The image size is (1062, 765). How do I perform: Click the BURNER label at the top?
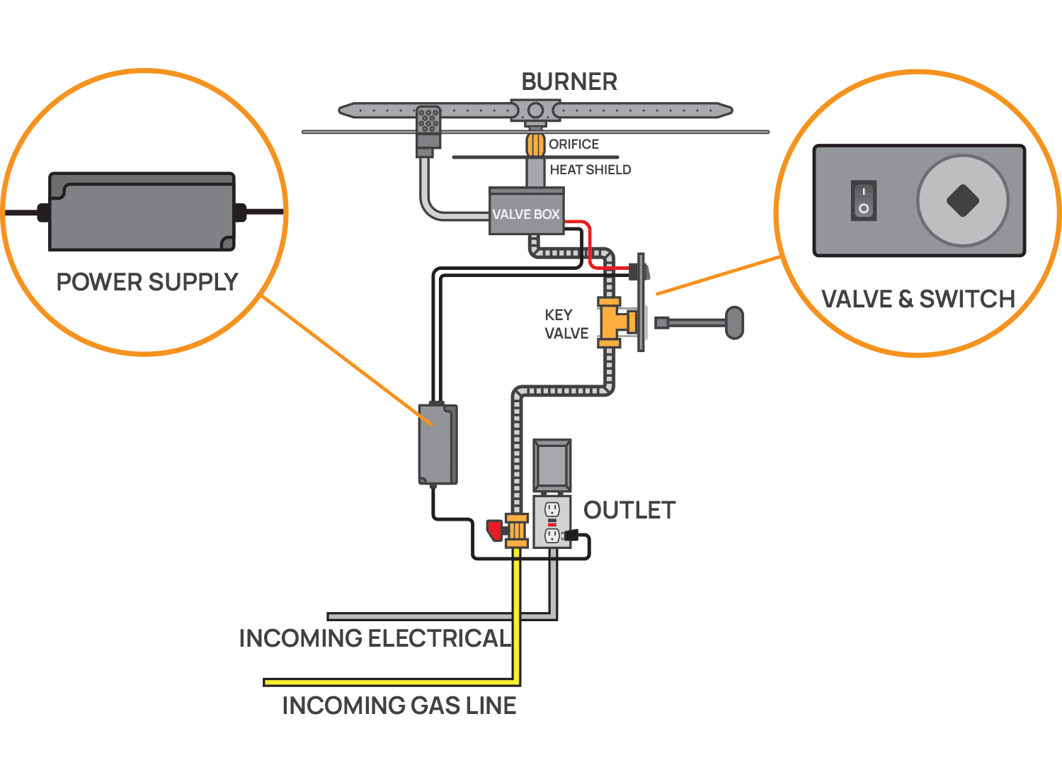coord(569,81)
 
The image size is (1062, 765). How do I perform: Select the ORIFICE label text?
coord(573,144)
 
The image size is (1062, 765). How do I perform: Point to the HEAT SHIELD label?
coord(590,169)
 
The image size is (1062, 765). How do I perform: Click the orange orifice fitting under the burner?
coord(535,144)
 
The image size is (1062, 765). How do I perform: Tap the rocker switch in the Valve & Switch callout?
coord(864,200)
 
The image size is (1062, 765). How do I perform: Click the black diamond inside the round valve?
coord(963,200)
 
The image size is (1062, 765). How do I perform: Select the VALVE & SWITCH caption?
coord(918,299)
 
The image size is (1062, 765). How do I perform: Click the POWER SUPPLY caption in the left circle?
coord(147,282)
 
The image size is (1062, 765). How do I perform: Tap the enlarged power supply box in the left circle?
coord(142,212)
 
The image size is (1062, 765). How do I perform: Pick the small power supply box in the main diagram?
coord(438,444)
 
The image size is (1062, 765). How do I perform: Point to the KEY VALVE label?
coord(566,324)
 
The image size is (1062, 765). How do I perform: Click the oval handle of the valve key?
coord(735,323)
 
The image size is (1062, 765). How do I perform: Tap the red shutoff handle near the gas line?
coord(494,530)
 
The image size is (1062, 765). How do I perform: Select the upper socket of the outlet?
coord(552,509)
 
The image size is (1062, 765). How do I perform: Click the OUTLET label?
coord(629,510)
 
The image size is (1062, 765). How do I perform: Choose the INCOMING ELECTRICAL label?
coord(374,638)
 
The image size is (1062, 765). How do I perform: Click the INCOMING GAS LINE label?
coord(399,705)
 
